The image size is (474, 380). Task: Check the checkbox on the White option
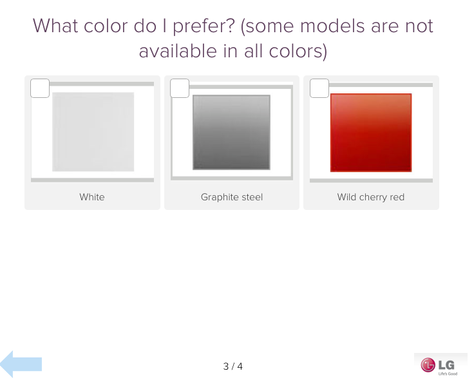coord(40,88)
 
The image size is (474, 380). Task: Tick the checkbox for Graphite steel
coord(180,88)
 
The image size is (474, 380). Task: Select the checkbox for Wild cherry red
coord(319,88)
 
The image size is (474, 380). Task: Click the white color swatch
coord(93,132)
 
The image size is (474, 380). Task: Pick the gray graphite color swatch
coord(232,132)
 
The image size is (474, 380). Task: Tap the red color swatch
coord(371,133)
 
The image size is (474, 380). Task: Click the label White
coord(92,197)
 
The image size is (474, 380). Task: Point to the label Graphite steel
coord(232,197)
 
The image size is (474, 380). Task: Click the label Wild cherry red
coord(371,197)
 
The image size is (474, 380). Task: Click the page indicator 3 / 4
coord(233,366)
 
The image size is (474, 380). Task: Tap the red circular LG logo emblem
coord(428,365)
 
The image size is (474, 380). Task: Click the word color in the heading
coord(106,26)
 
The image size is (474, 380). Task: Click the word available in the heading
coord(178,51)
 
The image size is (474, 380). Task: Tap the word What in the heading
coord(55,26)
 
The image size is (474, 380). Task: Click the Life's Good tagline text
coord(448,374)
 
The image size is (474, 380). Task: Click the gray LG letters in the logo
coord(446,365)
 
